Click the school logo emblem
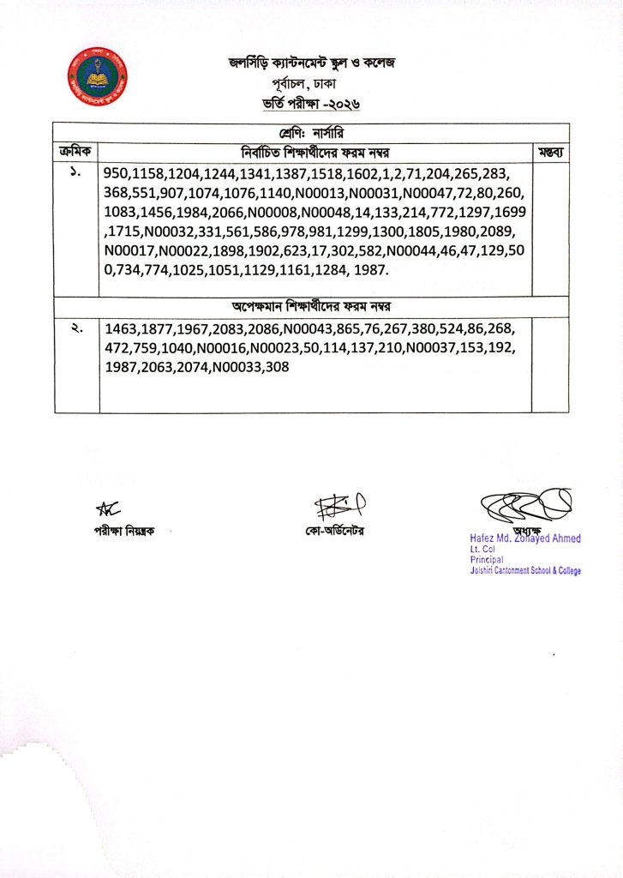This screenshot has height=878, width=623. [98, 75]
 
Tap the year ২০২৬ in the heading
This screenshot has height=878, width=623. [340, 104]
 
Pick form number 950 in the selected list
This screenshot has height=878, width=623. [117, 174]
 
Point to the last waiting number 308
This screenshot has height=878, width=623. [278, 367]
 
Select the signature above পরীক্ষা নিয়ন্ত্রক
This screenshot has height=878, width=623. [107, 509]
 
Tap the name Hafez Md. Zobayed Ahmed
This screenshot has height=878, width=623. [519, 538]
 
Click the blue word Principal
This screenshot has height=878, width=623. [486, 558]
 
